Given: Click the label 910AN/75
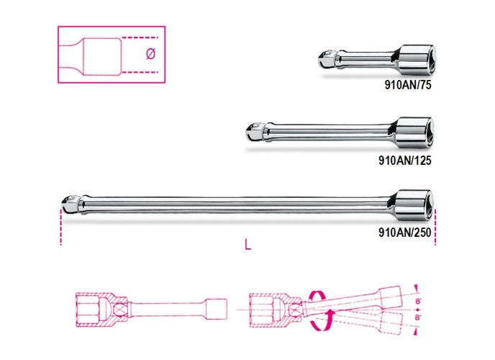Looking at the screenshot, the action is (407, 85).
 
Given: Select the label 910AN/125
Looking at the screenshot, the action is (405, 161).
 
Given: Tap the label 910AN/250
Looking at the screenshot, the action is (405, 233).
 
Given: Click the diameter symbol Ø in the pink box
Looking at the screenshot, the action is (150, 53).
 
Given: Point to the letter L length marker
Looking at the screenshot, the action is (247, 244).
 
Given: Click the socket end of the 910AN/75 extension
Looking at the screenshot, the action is (415, 59).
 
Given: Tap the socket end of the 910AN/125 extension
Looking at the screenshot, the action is (414, 131).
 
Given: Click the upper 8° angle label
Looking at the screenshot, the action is (418, 301).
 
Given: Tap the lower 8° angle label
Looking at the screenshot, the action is (418, 318).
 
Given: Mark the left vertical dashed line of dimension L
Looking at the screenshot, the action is (60, 227).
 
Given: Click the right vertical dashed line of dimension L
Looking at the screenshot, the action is (435, 227).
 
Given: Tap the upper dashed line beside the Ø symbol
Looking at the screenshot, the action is (140, 37).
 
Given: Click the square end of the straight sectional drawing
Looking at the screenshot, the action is (217, 310).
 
